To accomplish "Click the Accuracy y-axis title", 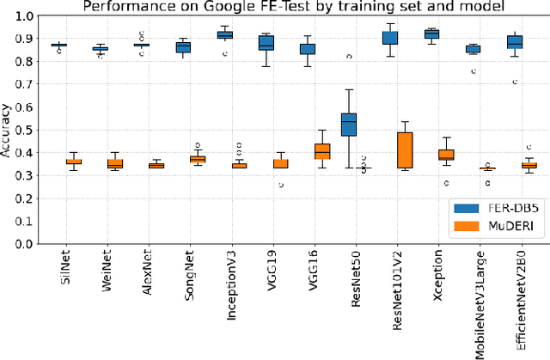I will [7, 129].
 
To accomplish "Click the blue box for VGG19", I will [266, 43].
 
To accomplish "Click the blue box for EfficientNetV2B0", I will [515, 42].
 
